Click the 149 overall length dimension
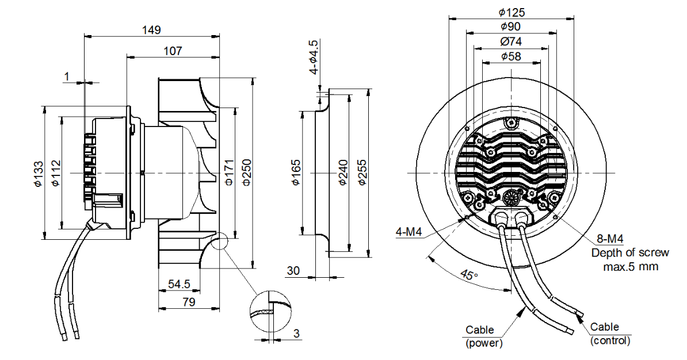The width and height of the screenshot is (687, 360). pos(151,30)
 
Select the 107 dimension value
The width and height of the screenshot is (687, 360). pos(173,51)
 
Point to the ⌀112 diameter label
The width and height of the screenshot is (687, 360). pos(56,174)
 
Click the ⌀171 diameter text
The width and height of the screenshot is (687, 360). pos(229,173)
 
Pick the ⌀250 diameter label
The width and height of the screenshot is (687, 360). pos(247,173)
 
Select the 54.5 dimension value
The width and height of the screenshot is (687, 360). pos(179,284)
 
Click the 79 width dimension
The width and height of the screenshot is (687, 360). pos(188,302)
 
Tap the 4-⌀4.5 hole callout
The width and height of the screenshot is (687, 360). pos(314,56)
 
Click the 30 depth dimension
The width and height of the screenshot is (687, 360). pos(293,271)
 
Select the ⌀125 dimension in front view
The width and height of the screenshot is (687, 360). pos(512,12)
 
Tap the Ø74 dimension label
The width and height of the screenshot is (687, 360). pos(511,41)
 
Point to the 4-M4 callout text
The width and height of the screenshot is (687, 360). pos(409,232)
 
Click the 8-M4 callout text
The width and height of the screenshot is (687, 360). pos(610,239)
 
